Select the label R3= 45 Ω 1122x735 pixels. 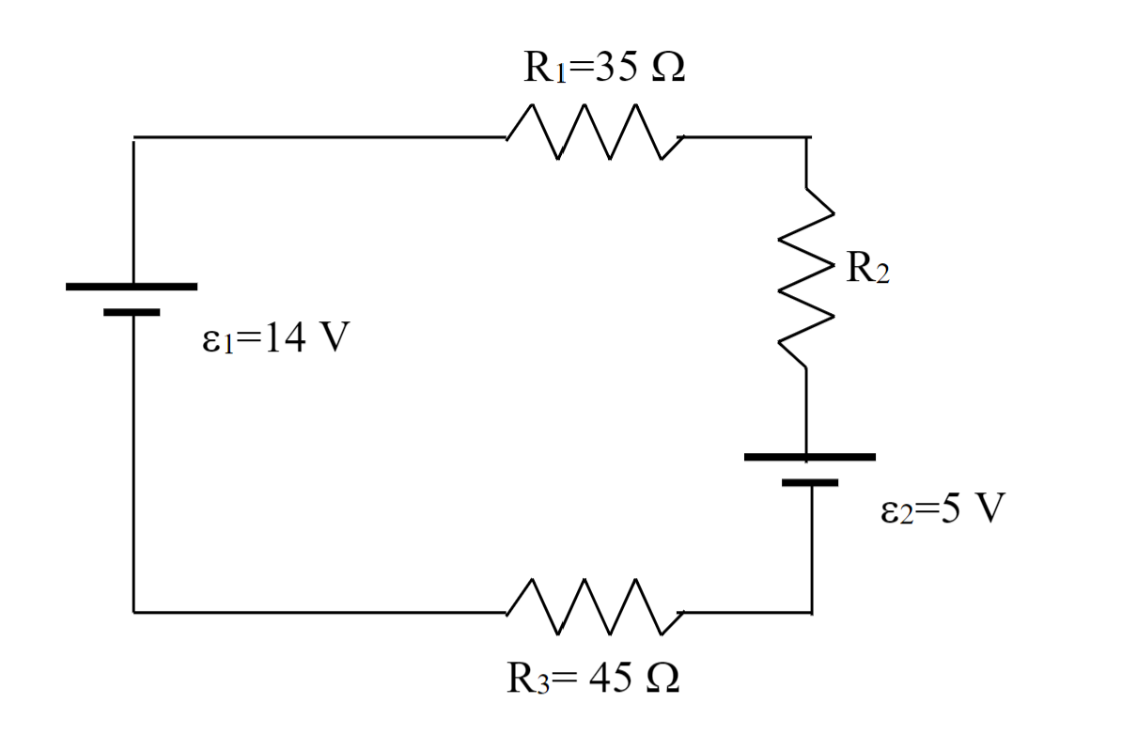(593, 680)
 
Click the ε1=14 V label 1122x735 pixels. (271, 339)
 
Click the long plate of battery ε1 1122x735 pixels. (132, 286)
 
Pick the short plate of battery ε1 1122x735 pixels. (132, 311)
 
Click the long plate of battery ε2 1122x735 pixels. (809, 457)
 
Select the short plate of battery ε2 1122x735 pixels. (809, 482)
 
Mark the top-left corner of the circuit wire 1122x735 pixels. (133, 137)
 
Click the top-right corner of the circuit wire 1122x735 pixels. (806, 137)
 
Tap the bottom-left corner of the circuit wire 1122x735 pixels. (133, 612)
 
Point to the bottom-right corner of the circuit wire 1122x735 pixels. (810, 612)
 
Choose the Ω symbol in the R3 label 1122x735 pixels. (660, 680)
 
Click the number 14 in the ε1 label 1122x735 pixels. (279, 339)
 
